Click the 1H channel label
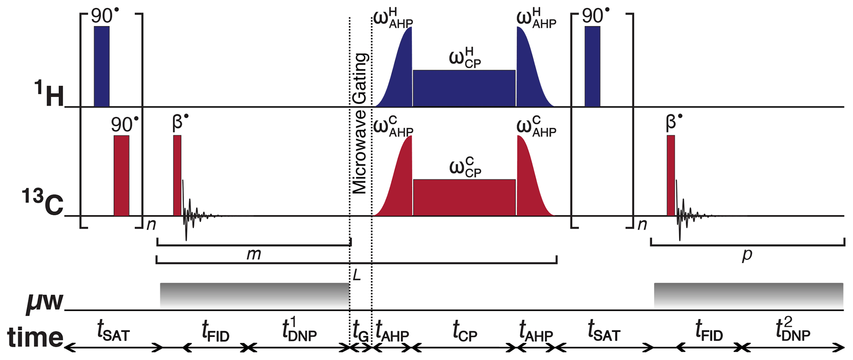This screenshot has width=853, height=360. pyautogui.click(x=49, y=94)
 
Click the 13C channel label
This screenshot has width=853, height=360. pyautogui.click(x=43, y=202)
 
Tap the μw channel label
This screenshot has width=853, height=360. pyautogui.click(x=45, y=300)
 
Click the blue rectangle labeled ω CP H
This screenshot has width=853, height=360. pyautogui.click(x=464, y=88)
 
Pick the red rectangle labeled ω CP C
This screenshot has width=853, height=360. pyautogui.click(x=464, y=197)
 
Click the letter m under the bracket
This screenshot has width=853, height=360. pyautogui.click(x=253, y=254)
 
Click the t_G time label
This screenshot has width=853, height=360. pyautogui.click(x=360, y=332)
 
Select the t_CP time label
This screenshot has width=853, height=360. pyautogui.click(x=465, y=332)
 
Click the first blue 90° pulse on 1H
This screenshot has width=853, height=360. pyautogui.click(x=102, y=66)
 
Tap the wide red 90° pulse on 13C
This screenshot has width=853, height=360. pyautogui.click(x=121, y=175)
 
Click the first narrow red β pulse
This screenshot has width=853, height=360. pyautogui.click(x=177, y=175)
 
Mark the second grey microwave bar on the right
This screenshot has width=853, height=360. pyautogui.click(x=748, y=295)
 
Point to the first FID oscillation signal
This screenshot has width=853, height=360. pyautogui.click(x=192, y=213)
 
